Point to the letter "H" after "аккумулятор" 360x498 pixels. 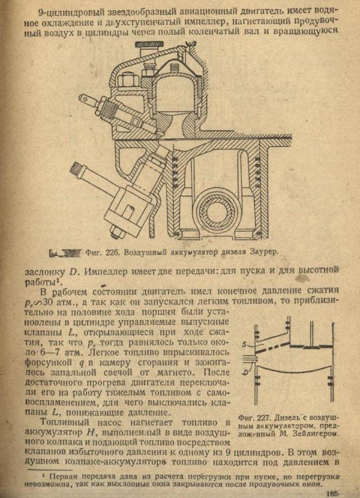89,432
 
